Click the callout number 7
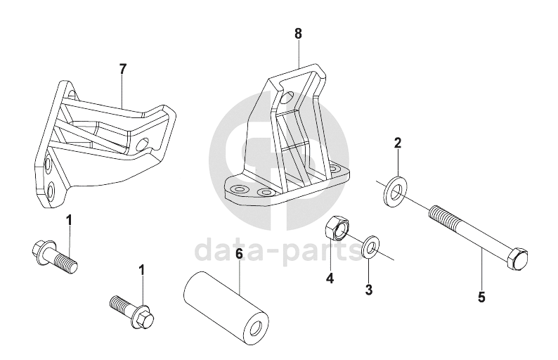(x=122, y=69)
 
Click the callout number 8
(x=298, y=34)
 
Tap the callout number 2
(x=398, y=143)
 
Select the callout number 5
(x=481, y=297)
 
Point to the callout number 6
(x=239, y=254)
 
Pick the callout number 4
(x=330, y=278)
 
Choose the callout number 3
(x=369, y=290)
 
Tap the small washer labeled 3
(x=370, y=245)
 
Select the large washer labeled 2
(x=394, y=191)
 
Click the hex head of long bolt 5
(x=518, y=258)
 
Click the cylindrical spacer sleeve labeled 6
(x=226, y=307)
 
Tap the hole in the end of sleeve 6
(x=259, y=328)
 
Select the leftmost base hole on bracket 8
(x=238, y=188)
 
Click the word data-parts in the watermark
(x=278, y=250)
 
